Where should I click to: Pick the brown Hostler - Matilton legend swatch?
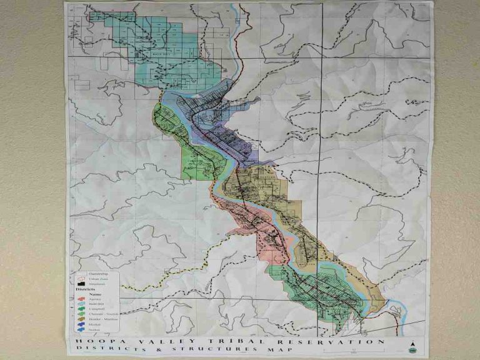coord(81,319)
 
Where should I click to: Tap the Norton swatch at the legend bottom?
coord(81,329)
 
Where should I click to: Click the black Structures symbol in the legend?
coord(81,284)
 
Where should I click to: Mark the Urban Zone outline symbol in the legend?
coord(81,279)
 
